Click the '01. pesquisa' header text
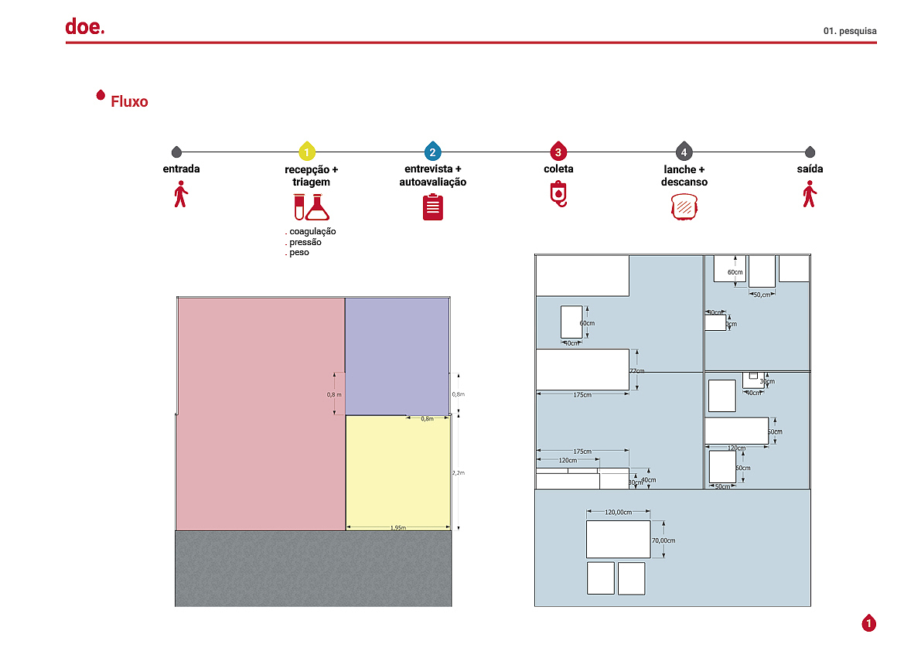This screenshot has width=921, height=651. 850,31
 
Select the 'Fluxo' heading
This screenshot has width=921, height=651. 129,101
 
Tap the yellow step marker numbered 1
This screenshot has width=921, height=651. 307,152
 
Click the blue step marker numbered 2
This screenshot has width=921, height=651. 432,152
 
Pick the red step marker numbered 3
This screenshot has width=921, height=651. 558,152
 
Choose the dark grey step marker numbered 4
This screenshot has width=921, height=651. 684,152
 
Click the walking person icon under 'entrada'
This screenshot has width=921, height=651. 181,194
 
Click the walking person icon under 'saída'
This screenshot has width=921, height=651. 810,194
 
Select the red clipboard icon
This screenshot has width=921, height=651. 433,207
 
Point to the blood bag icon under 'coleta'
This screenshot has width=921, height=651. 558,193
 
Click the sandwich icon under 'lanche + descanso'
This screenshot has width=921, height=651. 684,207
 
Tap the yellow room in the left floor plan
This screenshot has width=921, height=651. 397,472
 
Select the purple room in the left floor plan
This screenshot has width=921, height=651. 396,356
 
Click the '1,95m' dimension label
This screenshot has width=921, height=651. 397,528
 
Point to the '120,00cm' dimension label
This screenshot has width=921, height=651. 618,512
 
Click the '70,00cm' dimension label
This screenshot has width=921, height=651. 663,540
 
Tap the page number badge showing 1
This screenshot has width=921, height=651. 869,623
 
